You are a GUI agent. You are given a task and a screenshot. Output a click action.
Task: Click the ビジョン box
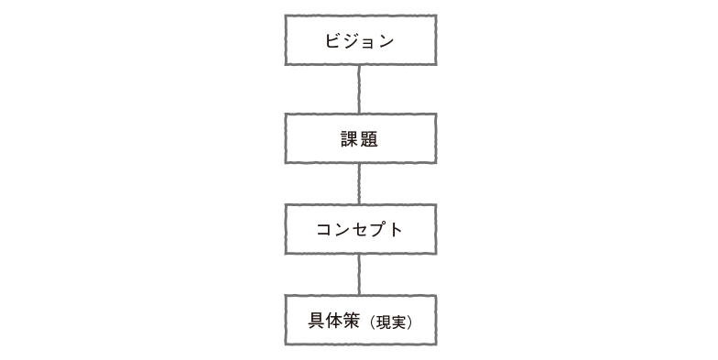coord(360,40)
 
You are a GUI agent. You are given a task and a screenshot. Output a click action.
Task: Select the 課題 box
coord(360,138)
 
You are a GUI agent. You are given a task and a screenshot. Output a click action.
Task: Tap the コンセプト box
coord(360,229)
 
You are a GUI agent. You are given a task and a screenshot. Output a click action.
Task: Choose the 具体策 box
coord(360,320)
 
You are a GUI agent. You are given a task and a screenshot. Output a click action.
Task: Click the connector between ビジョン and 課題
coord(359,90)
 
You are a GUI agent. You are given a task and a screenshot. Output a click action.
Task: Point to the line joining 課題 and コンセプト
coord(359,184)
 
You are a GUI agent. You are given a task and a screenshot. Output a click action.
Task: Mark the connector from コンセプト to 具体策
coord(359,275)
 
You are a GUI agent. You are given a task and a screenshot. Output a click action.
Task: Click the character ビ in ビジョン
coord(333,41)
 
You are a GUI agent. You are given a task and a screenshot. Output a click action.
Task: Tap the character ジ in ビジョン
coord(351,41)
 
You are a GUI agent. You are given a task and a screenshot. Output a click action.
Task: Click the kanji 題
coord(369,139)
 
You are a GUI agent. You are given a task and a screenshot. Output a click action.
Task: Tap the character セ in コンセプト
coord(359,230)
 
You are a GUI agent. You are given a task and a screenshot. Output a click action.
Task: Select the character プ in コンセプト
coord(377,230)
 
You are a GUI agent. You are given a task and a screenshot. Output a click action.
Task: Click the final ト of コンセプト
coord(396,230)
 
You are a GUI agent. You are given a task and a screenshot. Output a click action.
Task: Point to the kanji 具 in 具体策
coord(317,321)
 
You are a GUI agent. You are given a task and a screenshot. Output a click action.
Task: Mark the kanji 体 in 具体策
coord(335,321)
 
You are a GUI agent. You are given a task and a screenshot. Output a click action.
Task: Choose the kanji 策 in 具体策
coord(354,321)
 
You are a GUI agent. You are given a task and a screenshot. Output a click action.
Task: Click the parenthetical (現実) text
coord(392,322)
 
